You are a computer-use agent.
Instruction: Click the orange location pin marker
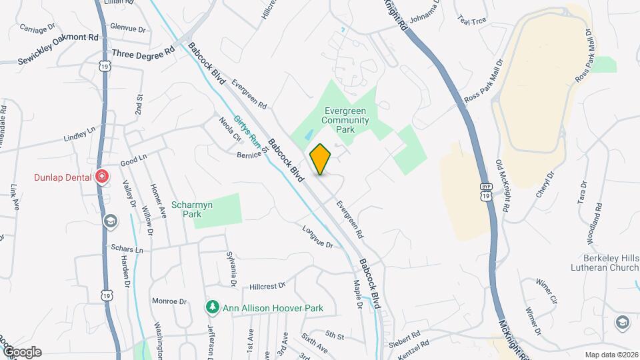pyautogui.click(x=321, y=159)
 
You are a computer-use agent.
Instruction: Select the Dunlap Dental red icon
pyautogui.click(x=101, y=177)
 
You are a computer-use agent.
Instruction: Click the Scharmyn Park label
pyautogui.click(x=192, y=210)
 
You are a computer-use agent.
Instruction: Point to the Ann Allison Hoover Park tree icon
pyautogui.click(x=212, y=308)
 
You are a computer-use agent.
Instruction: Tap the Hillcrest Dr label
pyautogui.click(x=267, y=285)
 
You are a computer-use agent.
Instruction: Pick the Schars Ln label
pyautogui.click(x=129, y=250)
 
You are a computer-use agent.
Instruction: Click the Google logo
pyautogui.click(x=21, y=352)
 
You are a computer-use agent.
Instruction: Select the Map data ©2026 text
pyautogui.click(x=611, y=355)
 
